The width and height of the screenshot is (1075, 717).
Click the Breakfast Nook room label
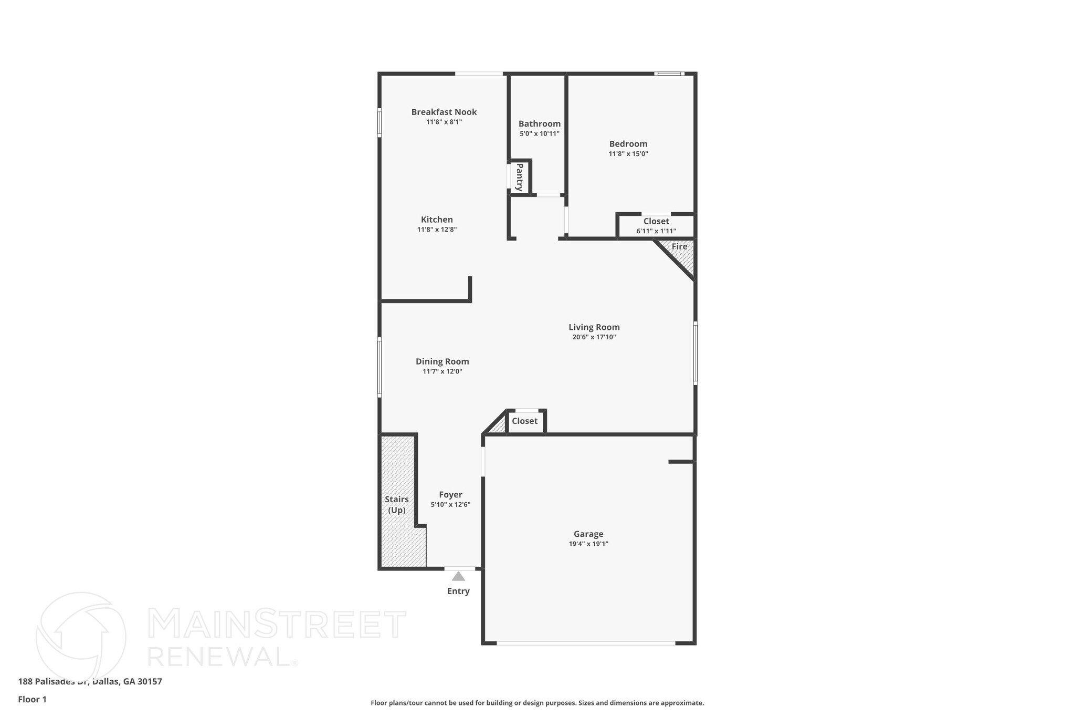(x=444, y=112)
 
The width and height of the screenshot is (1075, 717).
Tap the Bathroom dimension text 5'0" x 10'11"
(x=539, y=134)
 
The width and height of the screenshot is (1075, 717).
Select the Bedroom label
(x=628, y=144)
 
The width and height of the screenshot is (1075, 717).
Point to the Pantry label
(x=520, y=177)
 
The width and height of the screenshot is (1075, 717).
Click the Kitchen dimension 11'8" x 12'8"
(x=437, y=230)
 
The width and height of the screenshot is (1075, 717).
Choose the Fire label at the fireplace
(x=679, y=246)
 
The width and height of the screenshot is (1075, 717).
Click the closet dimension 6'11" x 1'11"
(x=656, y=231)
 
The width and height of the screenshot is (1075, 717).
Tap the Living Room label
(x=594, y=327)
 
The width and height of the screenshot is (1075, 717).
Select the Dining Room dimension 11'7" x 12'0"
(x=442, y=371)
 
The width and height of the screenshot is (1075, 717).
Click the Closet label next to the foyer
(x=524, y=421)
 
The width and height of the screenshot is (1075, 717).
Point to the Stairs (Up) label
(x=396, y=504)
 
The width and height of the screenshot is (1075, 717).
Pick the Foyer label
(x=450, y=495)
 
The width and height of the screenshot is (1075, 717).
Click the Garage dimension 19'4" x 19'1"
(x=588, y=544)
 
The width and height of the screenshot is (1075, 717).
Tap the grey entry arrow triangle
(x=458, y=576)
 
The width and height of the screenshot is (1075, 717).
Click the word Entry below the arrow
(x=458, y=591)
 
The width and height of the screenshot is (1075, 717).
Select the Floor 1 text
(x=32, y=699)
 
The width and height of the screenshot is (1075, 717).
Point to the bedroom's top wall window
(x=669, y=74)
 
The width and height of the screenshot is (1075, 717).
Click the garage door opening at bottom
(x=586, y=643)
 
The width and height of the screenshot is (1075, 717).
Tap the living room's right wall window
(x=695, y=353)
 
